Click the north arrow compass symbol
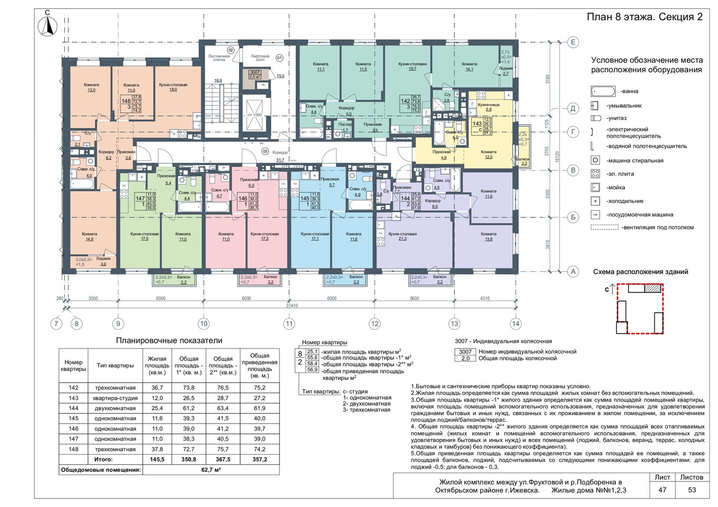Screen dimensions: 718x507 [47, 26]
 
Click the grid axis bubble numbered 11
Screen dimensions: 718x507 [289, 324]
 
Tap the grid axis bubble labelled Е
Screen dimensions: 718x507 [574, 42]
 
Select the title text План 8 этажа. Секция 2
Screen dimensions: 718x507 [644, 17]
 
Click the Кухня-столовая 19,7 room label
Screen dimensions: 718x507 [412, 66]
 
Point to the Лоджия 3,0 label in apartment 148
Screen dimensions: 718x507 [103, 261]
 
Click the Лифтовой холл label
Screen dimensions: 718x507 [260, 58]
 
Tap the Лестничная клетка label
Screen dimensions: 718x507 [219, 58]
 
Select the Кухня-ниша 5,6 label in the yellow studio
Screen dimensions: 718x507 [488, 107]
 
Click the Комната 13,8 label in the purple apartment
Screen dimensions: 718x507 [488, 236]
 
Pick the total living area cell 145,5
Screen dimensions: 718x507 [157, 460]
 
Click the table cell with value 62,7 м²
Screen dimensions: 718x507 [211, 470]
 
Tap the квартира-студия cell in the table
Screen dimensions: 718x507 [115, 398]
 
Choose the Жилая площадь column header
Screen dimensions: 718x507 [157, 366]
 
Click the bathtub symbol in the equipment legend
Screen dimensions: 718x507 [603, 91]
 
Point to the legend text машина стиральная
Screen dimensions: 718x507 [635, 161]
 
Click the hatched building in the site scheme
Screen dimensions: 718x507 [653, 288]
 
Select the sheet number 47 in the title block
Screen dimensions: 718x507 [662, 490]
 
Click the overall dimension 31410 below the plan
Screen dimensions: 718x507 [292, 306]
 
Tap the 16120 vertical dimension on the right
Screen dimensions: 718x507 [557, 157]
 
